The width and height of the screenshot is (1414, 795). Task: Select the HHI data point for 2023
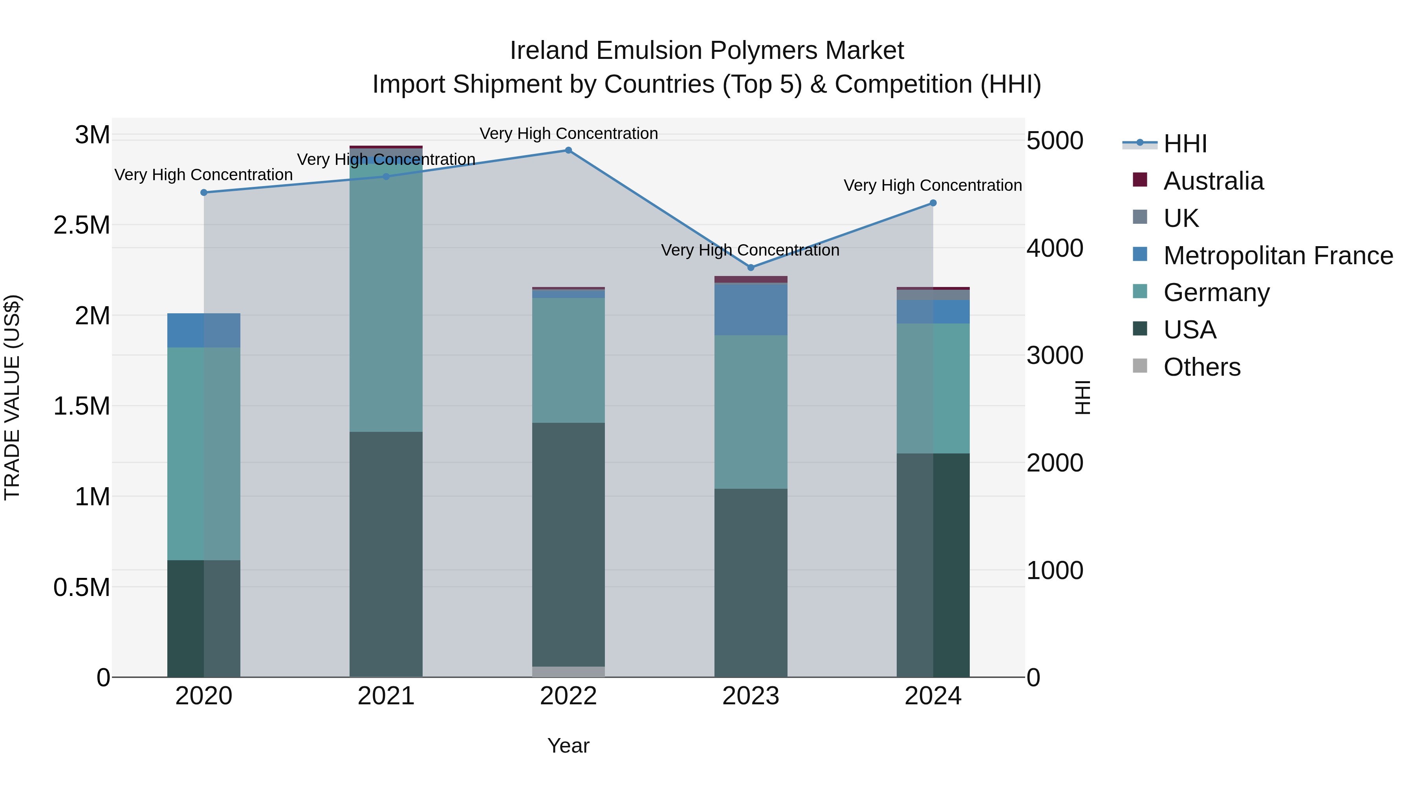click(x=751, y=268)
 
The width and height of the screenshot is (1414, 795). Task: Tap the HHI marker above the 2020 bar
click(x=203, y=193)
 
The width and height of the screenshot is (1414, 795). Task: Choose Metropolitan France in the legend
click(x=1277, y=256)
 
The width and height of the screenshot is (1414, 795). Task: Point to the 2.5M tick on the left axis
click(x=81, y=225)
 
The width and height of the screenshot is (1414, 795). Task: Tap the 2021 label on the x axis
click(x=386, y=696)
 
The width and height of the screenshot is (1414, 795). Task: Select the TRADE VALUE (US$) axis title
click(x=12, y=397)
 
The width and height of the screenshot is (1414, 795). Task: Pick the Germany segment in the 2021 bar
click(x=386, y=296)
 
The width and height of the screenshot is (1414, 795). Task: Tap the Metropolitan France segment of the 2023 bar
click(x=751, y=310)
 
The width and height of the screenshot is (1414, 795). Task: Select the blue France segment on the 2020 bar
click(x=203, y=330)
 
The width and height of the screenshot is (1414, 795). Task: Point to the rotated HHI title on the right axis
click(x=1082, y=397)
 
